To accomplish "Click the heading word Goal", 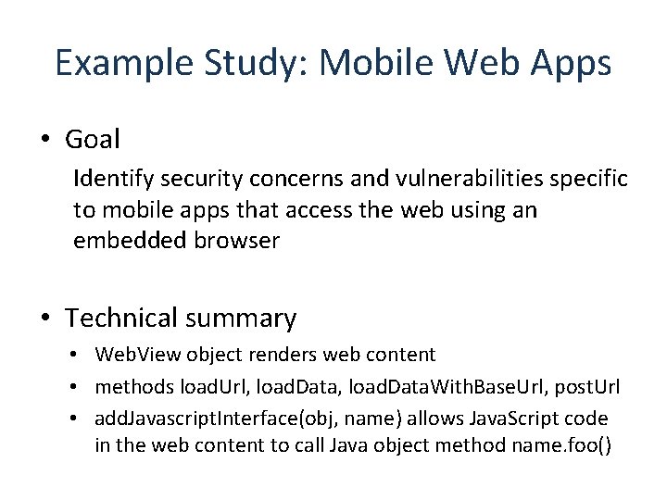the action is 93,140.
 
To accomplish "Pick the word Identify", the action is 111,178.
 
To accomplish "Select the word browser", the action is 235,242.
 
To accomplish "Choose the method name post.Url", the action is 587,385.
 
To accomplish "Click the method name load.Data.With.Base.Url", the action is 448,385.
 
